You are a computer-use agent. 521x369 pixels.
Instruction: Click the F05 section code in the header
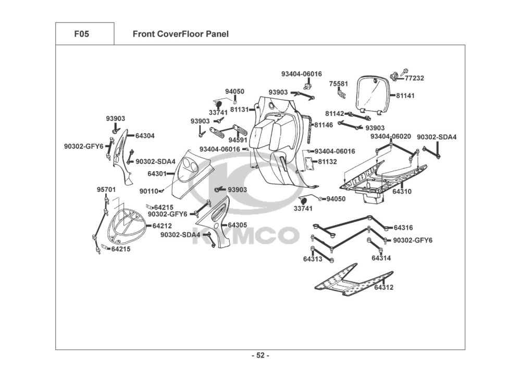82,34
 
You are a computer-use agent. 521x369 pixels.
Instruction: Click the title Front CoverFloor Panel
181,34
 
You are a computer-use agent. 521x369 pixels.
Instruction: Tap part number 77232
414,78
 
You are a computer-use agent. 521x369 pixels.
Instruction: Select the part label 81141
405,96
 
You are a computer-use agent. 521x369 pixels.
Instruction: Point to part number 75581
339,84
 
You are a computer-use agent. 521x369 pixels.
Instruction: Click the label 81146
324,125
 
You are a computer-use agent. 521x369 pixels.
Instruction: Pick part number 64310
402,192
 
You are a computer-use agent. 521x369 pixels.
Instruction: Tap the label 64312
384,287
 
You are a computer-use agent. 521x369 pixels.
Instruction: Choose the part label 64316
403,228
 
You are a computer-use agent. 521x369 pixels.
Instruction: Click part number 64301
157,174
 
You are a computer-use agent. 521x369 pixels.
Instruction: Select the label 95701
106,189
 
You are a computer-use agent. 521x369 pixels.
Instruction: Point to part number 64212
162,226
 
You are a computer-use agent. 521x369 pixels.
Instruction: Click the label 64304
145,136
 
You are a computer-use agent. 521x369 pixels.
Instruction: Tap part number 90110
149,192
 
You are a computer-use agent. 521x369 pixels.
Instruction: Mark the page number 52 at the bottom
260,355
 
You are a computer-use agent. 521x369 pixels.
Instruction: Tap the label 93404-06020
391,136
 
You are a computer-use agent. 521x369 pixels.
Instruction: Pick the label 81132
327,162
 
